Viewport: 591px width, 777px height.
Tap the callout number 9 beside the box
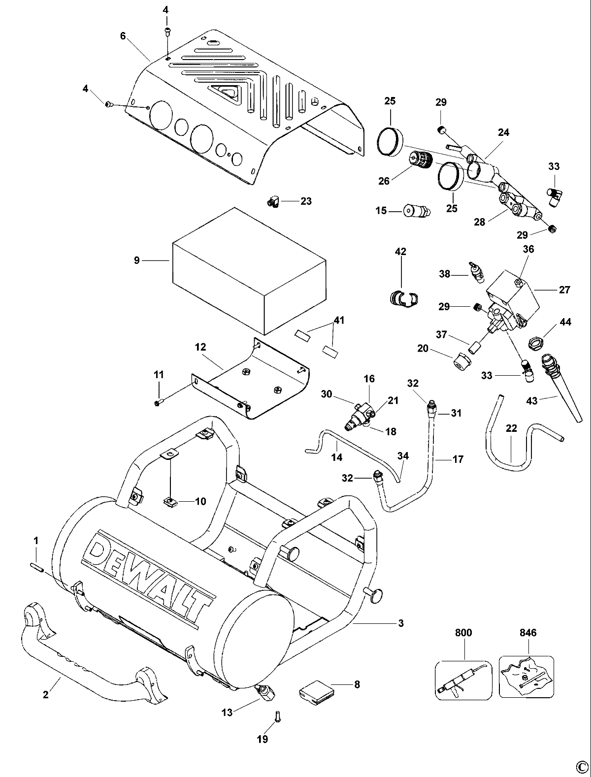coord(137,261)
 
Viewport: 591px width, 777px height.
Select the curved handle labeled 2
coord(94,660)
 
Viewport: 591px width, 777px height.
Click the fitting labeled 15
coord(417,211)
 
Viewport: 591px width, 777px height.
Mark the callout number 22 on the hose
coord(511,428)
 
